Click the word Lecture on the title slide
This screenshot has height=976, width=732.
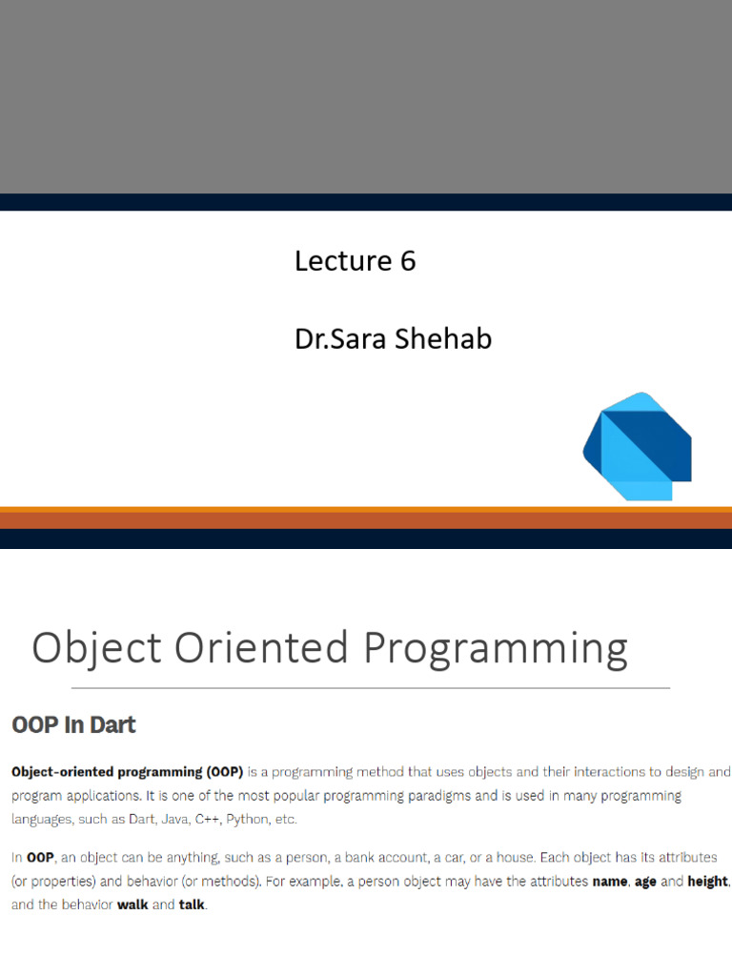coord(343,261)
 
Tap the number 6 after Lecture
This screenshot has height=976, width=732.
coord(408,261)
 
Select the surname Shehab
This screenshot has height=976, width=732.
coord(442,338)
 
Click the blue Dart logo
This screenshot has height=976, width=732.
coord(638,446)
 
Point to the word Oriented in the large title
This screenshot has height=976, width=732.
coord(261,647)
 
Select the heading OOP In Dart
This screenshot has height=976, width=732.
coord(73,725)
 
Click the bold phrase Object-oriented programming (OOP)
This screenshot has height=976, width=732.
coord(127,772)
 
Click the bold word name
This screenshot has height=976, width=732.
coord(609,882)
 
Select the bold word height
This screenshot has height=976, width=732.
coord(708,882)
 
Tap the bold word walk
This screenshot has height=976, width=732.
coord(132,905)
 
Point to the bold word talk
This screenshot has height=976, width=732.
coord(191,905)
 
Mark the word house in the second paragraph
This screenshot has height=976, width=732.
coord(515,858)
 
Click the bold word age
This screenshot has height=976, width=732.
coord(645,883)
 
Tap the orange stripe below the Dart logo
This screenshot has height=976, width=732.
coord(366,518)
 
